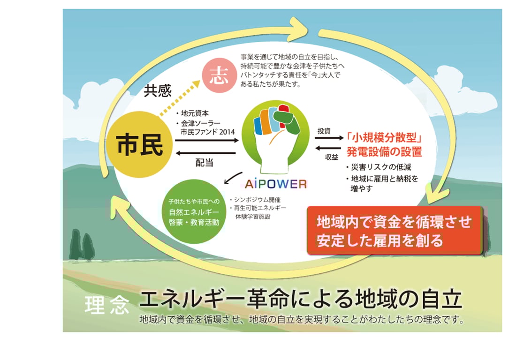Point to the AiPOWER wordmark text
pos(275,183)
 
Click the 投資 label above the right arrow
pos(324,130)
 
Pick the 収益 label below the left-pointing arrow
pos(332,157)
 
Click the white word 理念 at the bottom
pos(106,305)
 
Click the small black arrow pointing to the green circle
pos(233,178)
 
